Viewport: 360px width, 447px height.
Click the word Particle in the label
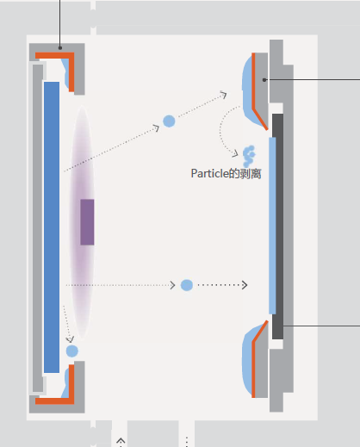tap(209, 173)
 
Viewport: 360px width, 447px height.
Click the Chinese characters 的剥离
tap(245, 174)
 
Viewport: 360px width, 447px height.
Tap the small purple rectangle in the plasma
tap(87, 222)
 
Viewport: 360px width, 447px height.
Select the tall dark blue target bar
tap(52, 227)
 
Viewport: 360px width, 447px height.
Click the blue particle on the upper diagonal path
tap(169, 121)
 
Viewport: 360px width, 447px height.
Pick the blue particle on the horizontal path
tap(187, 285)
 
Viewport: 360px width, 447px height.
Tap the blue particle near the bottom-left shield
tap(71, 351)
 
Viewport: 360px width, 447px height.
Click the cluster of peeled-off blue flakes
tap(249, 156)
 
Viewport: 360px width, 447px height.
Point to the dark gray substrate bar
tap(277, 227)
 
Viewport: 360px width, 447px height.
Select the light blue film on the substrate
tap(272, 226)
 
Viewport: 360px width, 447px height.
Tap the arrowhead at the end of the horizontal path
tap(245, 285)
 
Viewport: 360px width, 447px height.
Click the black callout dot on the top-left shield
tap(60, 48)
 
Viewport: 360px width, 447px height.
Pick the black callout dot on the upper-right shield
tap(264, 80)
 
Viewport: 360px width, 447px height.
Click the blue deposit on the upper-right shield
tap(247, 92)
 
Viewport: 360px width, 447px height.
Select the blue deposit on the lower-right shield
tap(247, 359)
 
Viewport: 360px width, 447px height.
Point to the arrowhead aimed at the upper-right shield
tap(223, 94)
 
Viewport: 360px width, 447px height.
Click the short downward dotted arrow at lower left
tap(67, 324)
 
